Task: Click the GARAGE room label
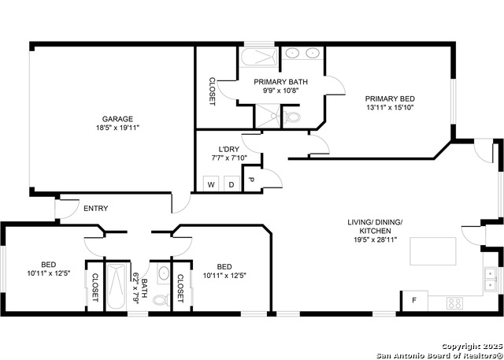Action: [x=117, y=119]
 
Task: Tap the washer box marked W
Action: [x=211, y=184]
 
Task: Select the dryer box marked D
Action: [x=232, y=184]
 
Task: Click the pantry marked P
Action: [x=251, y=180]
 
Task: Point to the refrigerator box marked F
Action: [x=415, y=301]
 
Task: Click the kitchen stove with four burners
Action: [x=455, y=302]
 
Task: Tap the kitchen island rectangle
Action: [x=432, y=251]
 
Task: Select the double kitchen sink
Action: [x=490, y=280]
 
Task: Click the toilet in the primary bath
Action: [x=292, y=117]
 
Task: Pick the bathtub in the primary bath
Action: [x=259, y=58]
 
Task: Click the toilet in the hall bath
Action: [x=161, y=299]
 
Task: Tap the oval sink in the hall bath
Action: [x=164, y=273]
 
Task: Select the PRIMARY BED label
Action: [x=390, y=98]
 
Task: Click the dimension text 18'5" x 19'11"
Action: [x=117, y=128]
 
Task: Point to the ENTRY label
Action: [x=96, y=208]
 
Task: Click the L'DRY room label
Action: [x=228, y=149]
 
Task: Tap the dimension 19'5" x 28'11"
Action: [x=375, y=239]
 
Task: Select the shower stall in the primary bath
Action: [x=268, y=117]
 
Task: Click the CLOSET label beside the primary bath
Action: [x=212, y=91]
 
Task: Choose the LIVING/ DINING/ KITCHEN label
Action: [x=375, y=226]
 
